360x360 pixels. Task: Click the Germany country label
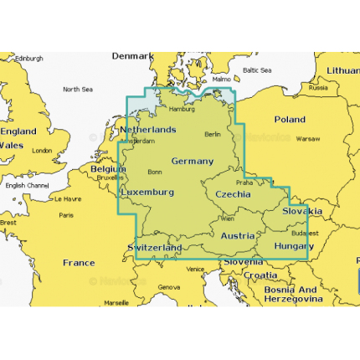(x=192, y=161)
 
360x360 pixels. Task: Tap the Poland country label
(x=290, y=120)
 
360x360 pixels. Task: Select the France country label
(x=79, y=263)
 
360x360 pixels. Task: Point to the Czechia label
(x=233, y=193)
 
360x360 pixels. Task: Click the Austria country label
(x=237, y=235)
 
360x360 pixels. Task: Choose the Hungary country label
(x=294, y=246)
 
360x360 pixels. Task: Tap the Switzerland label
(x=155, y=249)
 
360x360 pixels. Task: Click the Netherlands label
(x=148, y=130)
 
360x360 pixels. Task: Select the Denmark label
(x=133, y=56)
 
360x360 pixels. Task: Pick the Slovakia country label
(x=301, y=211)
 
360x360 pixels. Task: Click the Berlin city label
(x=213, y=134)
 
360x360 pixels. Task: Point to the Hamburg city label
(x=182, y=109)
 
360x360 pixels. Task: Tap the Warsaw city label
(x=308, y=138)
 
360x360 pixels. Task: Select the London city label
(x=42, y=151)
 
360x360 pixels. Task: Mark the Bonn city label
(x=155, y=172)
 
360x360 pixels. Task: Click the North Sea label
(x=77, y=89)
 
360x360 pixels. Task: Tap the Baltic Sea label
(x=257, y=71)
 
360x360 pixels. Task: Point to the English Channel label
(x=27, y=185)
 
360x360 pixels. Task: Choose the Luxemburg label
(x=147, y=192)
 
